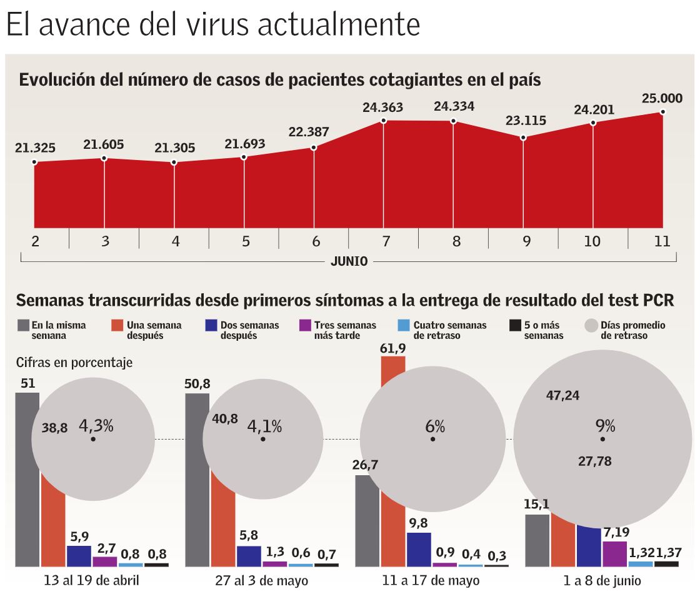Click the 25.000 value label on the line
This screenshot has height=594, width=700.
pyautogui.click(x=662, y=99)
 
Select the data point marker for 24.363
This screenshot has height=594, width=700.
pyautogui.click(x=383, y=121)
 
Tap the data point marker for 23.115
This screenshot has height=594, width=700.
pyautogui.click(x=523, y=137)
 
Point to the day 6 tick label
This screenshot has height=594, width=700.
pyautogui.click(x=315, y=241)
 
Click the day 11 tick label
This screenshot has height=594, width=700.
pyautogui.click(x=662, y=241)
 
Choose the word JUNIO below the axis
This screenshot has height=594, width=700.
pyautogui.click(x=349, y=262)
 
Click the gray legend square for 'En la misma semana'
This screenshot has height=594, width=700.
pyautogui.click(x=22, y=325)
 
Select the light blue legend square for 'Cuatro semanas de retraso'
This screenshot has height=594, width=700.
pyautogui.click(x=403, y=325)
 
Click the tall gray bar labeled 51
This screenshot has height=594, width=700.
pyautogui.click(x=27, y=478)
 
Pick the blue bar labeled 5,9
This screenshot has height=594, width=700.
pyautogui.click(x=79, y=555)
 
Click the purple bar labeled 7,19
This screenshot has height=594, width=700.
pyautogui.click(x=614, y=553)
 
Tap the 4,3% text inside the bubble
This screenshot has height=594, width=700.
pyautogui.click(x=96, y=426)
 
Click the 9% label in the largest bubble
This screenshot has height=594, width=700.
pyautogui.click(x=605, y=426)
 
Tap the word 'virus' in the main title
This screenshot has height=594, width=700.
pyautogui.click(x=222, y=25)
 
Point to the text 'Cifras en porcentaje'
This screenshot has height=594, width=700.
pyautogui.click(x=74, y=362)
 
